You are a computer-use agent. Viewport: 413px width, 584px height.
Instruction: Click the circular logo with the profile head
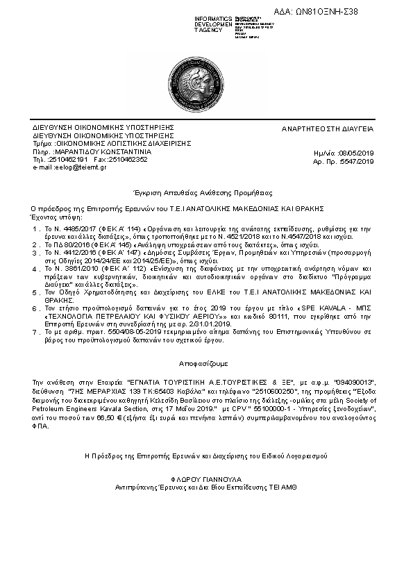click(x=206, y=87)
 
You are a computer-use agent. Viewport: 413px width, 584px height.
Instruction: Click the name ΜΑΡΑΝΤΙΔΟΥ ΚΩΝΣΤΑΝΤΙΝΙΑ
click(x=103, y=151)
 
